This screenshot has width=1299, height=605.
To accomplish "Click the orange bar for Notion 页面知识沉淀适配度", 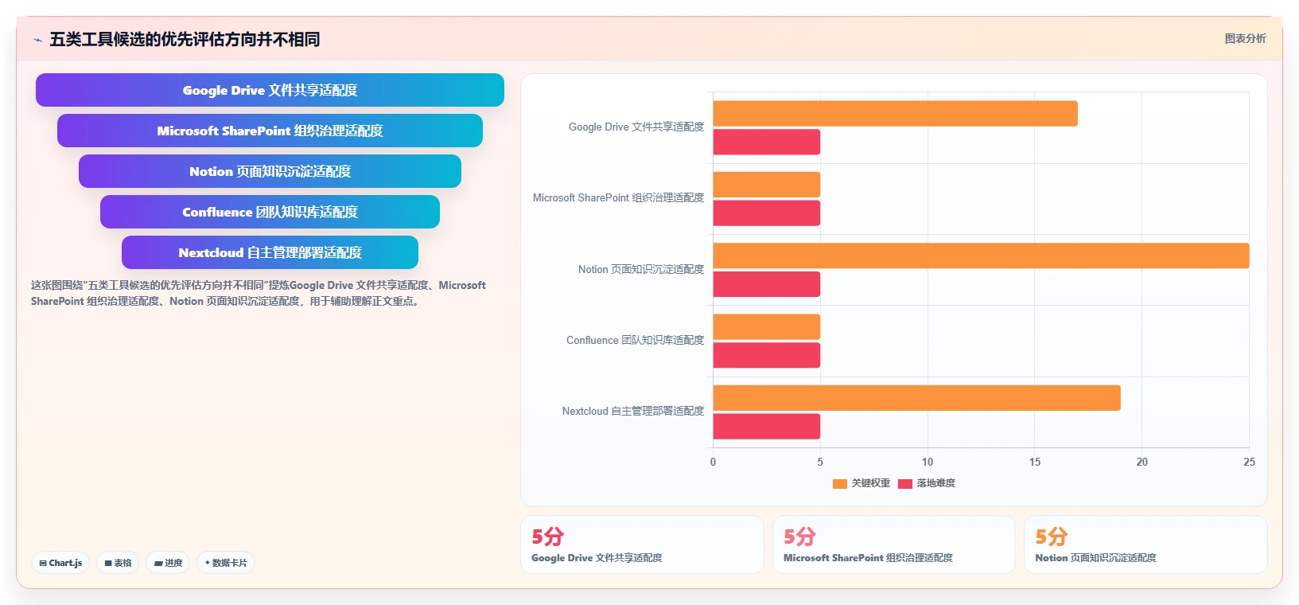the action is click(x=981, y=256).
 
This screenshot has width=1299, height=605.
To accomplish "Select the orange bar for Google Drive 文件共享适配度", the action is click(x=896, y=113).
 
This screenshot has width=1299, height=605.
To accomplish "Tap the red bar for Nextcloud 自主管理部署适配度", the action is click(x=767, y=426).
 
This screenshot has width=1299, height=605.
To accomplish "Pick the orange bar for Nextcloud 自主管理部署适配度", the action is click(x=917, y=398).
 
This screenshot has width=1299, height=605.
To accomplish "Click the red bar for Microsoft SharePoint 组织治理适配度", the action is click(x=767, y=213).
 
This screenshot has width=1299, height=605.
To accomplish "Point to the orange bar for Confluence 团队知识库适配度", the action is click(x=767, y=327).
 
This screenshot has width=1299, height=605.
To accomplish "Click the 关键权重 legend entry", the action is click(x=861, y=483).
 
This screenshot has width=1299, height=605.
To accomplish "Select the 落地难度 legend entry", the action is click(x=927, y=483).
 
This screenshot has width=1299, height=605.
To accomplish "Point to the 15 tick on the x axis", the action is click(x=1035, y=463).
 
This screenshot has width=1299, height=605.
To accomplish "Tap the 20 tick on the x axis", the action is click(x=1141, y=463).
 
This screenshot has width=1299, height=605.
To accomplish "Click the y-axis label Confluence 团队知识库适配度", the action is click(x=635, y=340).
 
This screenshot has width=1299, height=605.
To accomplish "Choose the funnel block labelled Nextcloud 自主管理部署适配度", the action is click(x=270, y=252).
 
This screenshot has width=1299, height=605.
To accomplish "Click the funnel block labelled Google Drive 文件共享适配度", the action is click(x=270, y=90).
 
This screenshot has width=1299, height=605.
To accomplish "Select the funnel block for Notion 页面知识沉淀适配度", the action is click(x=270, y=171).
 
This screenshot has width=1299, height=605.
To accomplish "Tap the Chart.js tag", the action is click(x=60, y=563).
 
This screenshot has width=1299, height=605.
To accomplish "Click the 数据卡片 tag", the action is click(x=226, y=563).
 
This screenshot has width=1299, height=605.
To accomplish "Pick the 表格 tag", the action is click(x=118, y=563).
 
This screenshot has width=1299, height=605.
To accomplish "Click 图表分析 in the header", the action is click(x=1245, y=39).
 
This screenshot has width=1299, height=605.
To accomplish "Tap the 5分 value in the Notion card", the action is click(x=1052, y=537).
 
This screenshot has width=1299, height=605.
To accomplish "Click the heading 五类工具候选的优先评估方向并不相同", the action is click(x=185, y=40).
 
